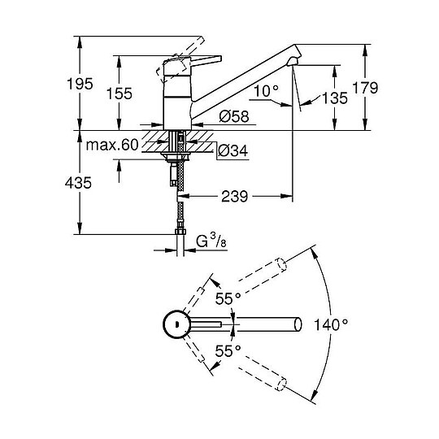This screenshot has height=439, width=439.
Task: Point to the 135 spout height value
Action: [x=335, y=98]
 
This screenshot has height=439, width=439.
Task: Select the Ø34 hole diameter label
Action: [x=233, y=150]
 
